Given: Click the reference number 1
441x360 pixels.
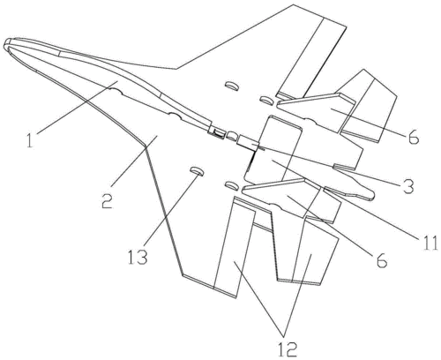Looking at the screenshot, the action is pyautogui.click(x=30, y=140).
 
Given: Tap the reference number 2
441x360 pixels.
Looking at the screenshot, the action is pyautogui.click(x=108, y=200).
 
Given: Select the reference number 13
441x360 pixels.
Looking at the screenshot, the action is pyautogui.click(x=138, y=256).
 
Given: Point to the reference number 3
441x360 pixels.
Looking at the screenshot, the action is pyautogui.click(x=408, y=185).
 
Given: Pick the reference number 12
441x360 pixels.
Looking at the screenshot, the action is pyautogui.click(x=287, y=349).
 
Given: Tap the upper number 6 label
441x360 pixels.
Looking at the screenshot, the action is pyautogui.click(x=414, y=136).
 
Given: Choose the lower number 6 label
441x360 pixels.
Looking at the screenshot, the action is pyautogui.click(x=382, y=259).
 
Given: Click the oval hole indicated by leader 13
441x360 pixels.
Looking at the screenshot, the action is pyautogui.click(x=197, y=171).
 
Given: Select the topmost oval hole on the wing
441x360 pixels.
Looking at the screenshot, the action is pyautogui.click(x=231, y=86).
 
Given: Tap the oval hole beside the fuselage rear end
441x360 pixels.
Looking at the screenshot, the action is pyautogui.click(x=232, y=135).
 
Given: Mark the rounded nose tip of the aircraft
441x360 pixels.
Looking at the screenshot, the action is pyautogui.click(x=8, y=42).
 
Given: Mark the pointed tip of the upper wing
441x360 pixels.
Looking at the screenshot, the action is pyautogui.click(x=294, y=4).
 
